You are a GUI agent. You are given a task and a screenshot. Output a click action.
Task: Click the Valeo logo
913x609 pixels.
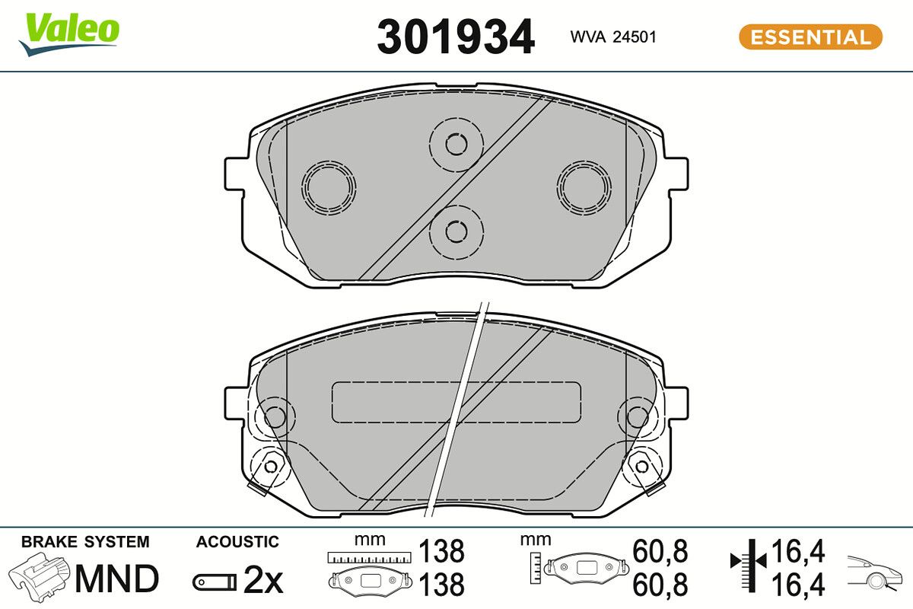pos(69,35)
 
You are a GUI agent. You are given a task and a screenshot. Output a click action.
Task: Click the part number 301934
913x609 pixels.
pos(456,37)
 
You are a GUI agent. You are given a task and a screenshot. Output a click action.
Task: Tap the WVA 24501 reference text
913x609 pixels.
pos(613,37)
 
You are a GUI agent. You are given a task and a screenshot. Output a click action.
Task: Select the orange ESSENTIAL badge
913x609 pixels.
pos(810,37)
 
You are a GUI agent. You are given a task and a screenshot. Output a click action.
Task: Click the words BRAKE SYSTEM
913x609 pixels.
pos(85,542)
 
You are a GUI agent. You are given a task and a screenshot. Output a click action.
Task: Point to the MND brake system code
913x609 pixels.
pos(116,579)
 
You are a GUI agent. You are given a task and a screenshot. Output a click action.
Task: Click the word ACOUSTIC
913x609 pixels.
pos(237,542)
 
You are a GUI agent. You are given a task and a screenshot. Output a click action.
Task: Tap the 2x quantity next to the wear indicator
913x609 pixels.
pos(263,581)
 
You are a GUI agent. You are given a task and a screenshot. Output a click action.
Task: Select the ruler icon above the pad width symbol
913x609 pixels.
pos(369,557)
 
